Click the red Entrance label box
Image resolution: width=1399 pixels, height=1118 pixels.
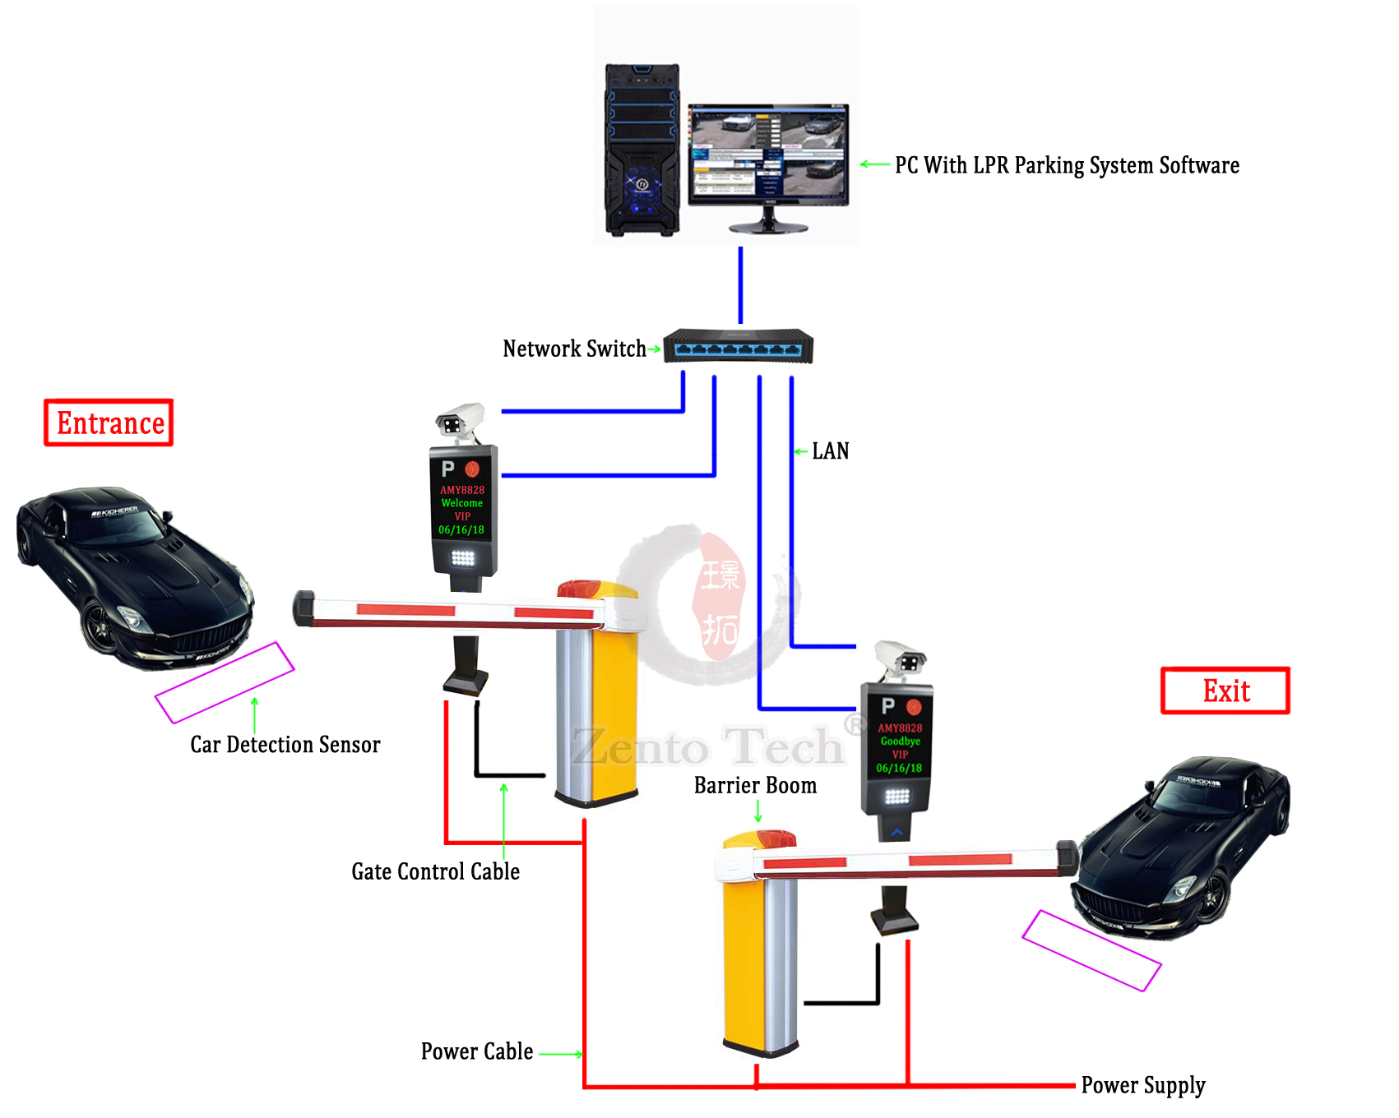[x=109, y=423]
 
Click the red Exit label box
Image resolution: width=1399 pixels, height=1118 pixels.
[x=1225, y=691]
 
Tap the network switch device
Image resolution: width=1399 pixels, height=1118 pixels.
[x=738, y=346]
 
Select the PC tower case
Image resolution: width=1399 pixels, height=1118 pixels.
[x=642, y=150]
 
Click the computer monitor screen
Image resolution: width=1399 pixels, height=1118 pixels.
[x=767, y=152]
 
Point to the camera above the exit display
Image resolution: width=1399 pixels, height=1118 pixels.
[x=900, y=659]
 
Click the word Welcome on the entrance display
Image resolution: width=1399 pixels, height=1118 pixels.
[x=461, y=503]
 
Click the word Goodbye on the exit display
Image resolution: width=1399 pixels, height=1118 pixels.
[x=900, y=741]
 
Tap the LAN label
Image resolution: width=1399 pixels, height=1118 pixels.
[x=830, y=450]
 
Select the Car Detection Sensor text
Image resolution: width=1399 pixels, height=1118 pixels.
[x=285, y=744]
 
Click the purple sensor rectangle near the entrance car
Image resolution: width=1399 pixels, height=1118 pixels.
[x=225, y=682]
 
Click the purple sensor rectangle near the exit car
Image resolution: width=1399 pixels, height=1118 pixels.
[x=1091, y=949]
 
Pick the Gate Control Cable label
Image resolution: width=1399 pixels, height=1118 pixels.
[x=435, y=871]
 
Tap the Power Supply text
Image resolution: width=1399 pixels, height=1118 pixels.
[x=1142, y=1085]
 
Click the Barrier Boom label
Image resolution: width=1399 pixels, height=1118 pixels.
[x=755, y=785]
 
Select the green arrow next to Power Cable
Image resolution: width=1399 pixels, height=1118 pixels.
[x=562, y=1054]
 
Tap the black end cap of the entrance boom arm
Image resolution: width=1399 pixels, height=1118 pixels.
[x=303, y=608]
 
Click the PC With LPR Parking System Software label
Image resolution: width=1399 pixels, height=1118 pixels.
[x=1067, y=165]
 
